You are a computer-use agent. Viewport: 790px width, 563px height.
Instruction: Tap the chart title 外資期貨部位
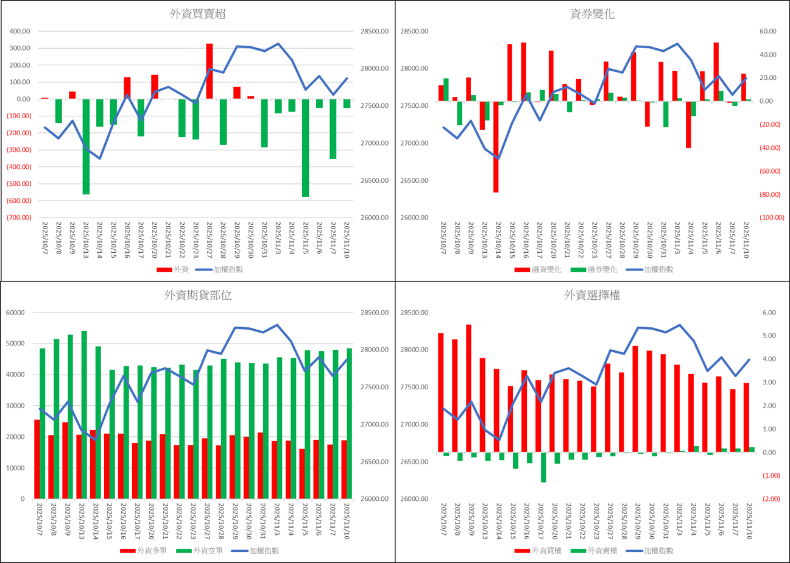point(198,296)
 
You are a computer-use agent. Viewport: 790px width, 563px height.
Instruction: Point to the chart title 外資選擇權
point(593,296)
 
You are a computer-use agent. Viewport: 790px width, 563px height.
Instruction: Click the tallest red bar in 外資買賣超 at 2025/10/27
point(210,71)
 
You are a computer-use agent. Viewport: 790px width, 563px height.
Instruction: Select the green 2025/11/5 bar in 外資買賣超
point(305,147)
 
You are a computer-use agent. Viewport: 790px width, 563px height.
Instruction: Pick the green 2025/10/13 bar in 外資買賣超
point(86,146)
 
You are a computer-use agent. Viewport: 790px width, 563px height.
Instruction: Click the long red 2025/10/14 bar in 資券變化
point(496,147)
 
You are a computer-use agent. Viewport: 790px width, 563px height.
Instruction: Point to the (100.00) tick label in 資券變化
point(772,218)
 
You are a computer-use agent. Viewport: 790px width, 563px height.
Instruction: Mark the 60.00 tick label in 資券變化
point(769,32)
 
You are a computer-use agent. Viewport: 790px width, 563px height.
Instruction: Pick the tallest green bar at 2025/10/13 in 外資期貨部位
point(84,414)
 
